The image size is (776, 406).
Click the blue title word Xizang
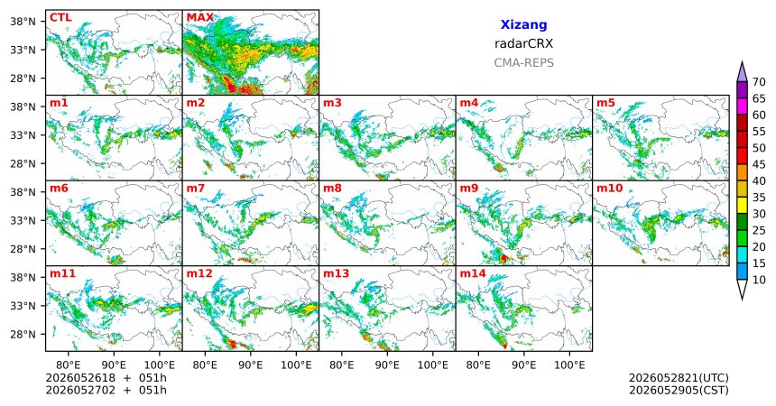click(x=523, y=24)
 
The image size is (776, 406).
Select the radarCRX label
click(x=523, y=43)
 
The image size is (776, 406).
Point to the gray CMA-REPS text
click(x=523, y=63)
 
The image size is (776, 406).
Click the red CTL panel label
click(x=60, y=18)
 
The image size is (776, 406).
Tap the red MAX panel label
click(x=200, y=18)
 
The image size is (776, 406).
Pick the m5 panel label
click(x=605, y=103)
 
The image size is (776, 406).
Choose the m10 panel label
click(x=609, y=189)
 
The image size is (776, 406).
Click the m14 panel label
click(x=473, y=273)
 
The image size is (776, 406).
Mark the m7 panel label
click(x=196, y=189)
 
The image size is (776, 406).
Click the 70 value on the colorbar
click(x=759, y=82)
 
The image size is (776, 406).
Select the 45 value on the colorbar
click(x=759, y=164)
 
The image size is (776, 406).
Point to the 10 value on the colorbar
click(x=759, y=280)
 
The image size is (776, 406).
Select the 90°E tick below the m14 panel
click(x=524, y=365)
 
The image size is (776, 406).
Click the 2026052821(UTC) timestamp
click(x=679, y=378)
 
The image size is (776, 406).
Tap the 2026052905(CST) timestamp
click(x=679, y=390)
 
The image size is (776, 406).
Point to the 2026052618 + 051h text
click(x=106, y=378)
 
